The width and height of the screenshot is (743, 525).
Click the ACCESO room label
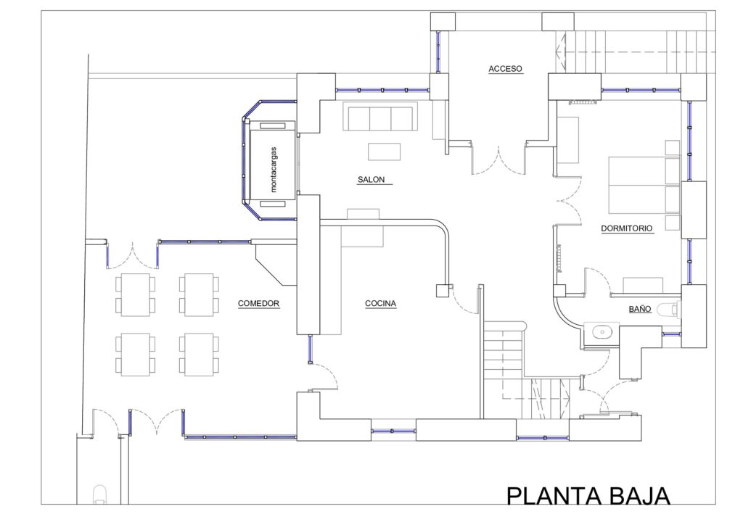[505, 69]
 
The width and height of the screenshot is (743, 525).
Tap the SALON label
[371, 179]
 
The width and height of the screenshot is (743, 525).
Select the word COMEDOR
[258, 303]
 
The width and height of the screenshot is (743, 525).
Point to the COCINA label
[380, 303]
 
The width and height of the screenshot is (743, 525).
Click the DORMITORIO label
[626, 228]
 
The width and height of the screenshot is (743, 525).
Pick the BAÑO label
[640, 309]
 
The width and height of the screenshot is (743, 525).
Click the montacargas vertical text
[274, 169]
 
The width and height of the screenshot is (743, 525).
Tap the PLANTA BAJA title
[588, 496]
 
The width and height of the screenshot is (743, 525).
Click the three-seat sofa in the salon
[380, 118]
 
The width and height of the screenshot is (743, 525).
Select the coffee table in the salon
[385, 152]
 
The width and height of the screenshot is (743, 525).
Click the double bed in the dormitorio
[644, 185]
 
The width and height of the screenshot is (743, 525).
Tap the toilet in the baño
[670, 309]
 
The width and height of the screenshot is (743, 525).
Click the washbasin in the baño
[602, 332]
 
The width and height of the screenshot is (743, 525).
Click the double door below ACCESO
[499, 159]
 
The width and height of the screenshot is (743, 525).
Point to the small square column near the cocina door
[443, 290]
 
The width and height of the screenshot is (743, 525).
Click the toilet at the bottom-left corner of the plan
[100, 495]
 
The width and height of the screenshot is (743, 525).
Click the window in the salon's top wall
[382, 89]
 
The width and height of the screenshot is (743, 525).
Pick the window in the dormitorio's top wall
[641, 89]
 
